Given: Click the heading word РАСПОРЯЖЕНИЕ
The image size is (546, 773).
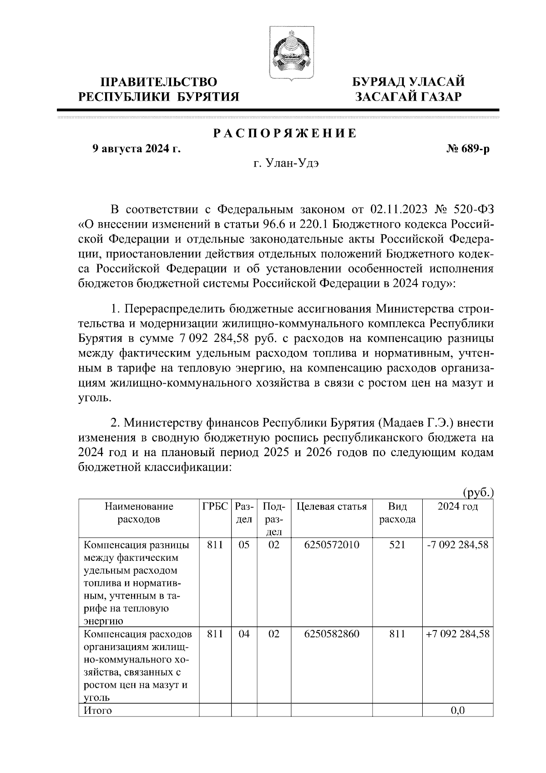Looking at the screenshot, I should pos(285,133).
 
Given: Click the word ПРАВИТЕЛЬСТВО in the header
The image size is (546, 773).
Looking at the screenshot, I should pos(159,82).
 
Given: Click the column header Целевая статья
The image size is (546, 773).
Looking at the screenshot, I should pos(331,507).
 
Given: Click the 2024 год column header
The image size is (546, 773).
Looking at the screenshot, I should pos(458,507).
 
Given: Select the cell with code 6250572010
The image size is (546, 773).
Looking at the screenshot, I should pos(331,545).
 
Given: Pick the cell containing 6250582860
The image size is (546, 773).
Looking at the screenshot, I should pos(331,634).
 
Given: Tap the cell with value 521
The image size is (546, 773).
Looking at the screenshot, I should pos(397,545).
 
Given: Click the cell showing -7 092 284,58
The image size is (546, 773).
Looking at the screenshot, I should pos(458,545).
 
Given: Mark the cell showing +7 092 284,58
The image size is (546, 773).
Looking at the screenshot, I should pos(458,634).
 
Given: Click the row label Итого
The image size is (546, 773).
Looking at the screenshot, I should pos(98,710).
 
